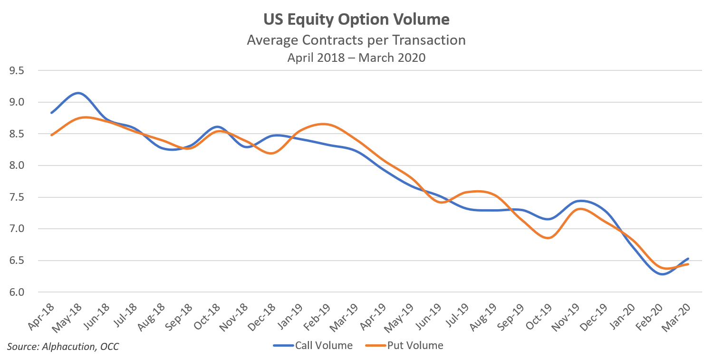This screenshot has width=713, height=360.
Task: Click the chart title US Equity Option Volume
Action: (356, 20)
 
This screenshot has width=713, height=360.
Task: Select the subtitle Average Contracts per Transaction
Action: (356, 40)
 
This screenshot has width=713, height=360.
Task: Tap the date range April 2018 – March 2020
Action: (356, 58)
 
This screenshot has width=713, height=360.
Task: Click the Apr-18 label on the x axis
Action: (41, 316)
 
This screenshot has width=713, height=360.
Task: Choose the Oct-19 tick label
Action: (540, 316)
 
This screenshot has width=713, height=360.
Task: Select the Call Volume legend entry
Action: (314, 346)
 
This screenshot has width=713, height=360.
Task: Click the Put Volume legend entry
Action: (404, 346)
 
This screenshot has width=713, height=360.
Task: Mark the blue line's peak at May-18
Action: (78, 93)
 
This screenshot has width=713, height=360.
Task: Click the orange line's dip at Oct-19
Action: (549, 238)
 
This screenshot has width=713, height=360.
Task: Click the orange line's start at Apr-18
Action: (51, 135)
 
